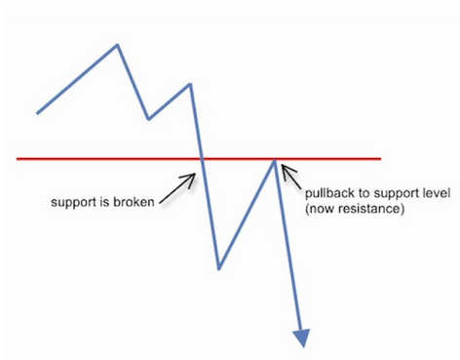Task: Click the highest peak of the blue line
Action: point(117,45)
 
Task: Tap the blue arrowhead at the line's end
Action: point(301,339)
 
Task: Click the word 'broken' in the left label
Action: point(134,202)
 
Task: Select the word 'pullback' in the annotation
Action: point(329,193)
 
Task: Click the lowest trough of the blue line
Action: point(219,268)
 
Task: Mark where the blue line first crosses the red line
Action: point(203,159)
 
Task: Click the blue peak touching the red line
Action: point(275,159)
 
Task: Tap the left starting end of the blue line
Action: point(37,113)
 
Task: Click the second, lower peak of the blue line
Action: point(190,85)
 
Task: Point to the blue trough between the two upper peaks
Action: point(148,119)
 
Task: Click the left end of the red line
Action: point(17,159)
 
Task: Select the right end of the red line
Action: point(380,159)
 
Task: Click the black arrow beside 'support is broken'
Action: point(177,188)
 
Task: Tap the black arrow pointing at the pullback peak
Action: point(291,177)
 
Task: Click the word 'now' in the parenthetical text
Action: point(321,209)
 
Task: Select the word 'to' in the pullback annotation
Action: point(364,193)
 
